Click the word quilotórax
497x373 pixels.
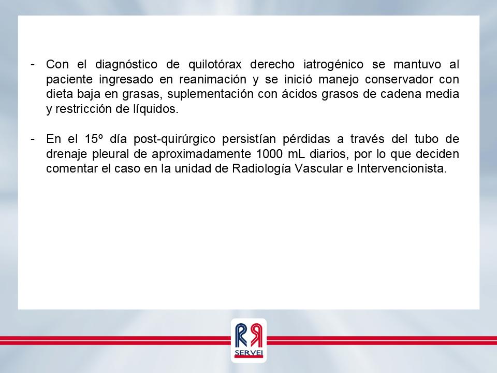coord(215,65)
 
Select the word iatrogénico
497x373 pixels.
coord(333,65)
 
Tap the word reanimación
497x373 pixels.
coord(213,79)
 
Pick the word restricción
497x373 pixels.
coord(84,109)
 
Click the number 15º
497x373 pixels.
coord(94,139)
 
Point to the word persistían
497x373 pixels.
coord(249,139)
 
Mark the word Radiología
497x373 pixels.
coord(261,169)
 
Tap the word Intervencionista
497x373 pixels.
coord(402,169)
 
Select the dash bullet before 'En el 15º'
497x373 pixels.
coord(32,139)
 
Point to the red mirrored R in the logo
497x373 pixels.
coord(256,335)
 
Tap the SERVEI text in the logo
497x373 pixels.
coord(249,353)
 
